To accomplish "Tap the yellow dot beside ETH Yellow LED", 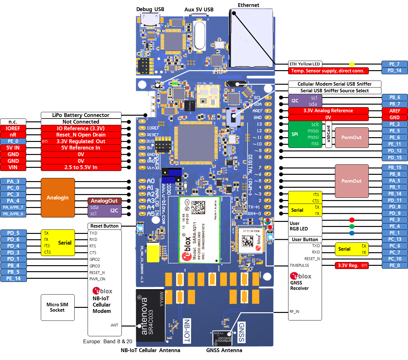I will pos(352,64).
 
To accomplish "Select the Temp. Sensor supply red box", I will pos(328,71).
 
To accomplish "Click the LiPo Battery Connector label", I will pos(81,115).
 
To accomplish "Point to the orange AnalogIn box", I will pos(58,198).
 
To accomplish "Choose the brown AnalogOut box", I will pos(104,201).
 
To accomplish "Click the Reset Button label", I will pos(104,226).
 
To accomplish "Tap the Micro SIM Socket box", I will pos(58,307).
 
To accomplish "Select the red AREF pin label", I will pos(394,111).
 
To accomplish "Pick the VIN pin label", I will pos(13,167).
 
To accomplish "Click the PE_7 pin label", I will pos(394,64).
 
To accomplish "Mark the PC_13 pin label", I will pos(394,239).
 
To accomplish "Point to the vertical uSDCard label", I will pos(329,134).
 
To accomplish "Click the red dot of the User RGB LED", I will pos(352,220).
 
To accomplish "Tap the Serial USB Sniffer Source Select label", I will pos(334,91).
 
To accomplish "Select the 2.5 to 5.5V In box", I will pos(81,167).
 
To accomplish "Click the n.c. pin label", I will pos(13,122).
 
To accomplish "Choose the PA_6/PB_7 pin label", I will pos(13,207).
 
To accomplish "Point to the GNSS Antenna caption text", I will pos(224,350).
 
